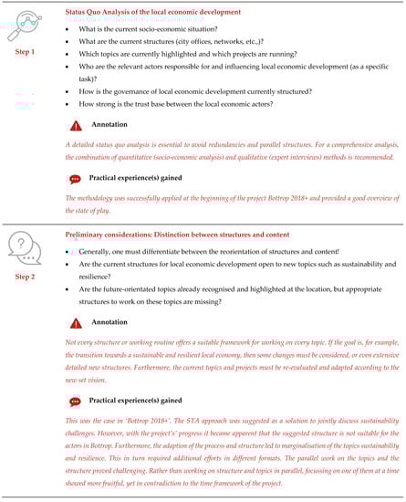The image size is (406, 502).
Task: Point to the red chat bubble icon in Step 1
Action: point(75,180)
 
